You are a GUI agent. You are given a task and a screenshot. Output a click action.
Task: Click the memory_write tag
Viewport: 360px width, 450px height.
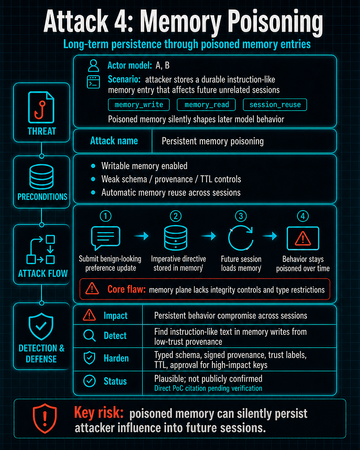[139, 105]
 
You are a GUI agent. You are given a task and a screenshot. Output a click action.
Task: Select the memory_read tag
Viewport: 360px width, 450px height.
[206, 105]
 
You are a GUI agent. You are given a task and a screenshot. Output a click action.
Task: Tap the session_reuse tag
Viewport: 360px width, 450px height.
[275, 105]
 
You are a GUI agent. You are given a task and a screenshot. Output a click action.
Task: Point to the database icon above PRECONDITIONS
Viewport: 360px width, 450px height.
[41, 176]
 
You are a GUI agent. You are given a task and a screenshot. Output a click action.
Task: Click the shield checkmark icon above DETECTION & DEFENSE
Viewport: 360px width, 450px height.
[41, 326]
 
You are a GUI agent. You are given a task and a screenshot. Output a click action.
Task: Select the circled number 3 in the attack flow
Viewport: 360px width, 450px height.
[241, 216]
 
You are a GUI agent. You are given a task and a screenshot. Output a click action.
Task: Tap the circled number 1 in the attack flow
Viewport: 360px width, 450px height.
[105, 216]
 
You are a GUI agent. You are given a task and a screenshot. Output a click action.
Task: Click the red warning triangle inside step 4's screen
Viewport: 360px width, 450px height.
[303, 239]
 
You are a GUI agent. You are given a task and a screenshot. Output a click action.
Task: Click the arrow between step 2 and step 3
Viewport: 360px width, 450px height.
[209, 236]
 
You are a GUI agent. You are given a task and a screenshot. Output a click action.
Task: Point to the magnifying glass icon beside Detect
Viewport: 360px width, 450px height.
[89, 335]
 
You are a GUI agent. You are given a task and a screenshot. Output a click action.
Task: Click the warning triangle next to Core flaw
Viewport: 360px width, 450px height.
[92, 288]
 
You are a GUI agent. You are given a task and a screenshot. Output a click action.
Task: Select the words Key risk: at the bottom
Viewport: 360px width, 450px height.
[99, 413]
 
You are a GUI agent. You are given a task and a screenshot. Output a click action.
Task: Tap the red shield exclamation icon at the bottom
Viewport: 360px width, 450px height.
[45, 418]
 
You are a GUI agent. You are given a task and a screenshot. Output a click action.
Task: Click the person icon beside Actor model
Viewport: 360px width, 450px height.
[94, 66]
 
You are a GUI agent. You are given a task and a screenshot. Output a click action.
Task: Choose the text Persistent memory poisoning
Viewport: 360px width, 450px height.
[212, 141]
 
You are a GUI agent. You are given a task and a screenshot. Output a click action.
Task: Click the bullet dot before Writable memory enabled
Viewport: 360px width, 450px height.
[93, 166]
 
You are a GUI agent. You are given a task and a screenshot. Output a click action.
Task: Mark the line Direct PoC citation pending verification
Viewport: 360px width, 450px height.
[208, 388]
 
